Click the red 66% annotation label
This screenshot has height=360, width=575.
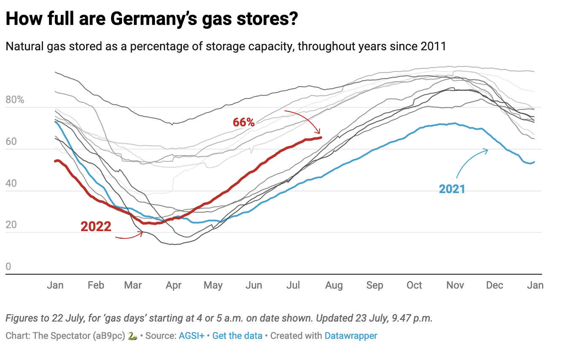click(x=244, y=123)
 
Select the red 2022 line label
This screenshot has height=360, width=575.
click(x=96, y=227)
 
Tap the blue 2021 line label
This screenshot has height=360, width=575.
click(x=452, y=189)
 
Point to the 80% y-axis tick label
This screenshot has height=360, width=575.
click(x=15, y=100)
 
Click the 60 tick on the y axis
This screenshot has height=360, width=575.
click(x=11, y=142)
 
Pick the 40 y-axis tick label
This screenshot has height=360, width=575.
click(x=11, y=183)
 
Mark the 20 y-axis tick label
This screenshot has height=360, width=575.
click(x=11, y=225)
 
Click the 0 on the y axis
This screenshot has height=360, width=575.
click(x=8, y=267)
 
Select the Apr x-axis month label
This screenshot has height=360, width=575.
click(x=174, y=286)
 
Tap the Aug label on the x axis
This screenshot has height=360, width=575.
click(x=334, y=286)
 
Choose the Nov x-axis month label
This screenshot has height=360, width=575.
click(x=455, y=286)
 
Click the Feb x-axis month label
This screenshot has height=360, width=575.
click(x=96, y=286)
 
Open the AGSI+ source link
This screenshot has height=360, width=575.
click(x=191, y=336)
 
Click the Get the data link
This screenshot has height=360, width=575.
click(x=237, y=336)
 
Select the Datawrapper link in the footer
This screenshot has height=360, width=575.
click(x=351, y=336)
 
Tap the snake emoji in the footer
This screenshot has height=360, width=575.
click(x=132, y=336)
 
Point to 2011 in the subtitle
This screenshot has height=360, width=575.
click(x=433, y=46)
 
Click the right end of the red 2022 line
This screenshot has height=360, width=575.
click(x=321, y=137)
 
